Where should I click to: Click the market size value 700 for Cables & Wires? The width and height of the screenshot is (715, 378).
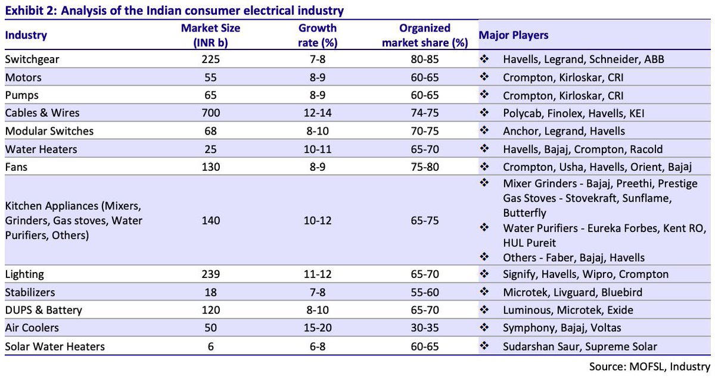[x=210, y=113]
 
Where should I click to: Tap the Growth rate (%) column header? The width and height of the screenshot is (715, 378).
[x=318, y=35]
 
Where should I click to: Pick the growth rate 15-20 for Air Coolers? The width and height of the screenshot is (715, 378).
[x=318, y=328]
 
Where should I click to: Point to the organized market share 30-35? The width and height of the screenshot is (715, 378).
[x=424, y=328]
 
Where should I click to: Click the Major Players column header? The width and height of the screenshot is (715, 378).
[x=514, y=35]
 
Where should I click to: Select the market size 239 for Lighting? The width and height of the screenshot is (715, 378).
[x=210, y=274]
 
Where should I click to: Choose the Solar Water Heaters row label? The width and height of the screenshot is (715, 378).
[x=55, y=346]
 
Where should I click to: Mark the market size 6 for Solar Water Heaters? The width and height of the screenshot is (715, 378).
[x=210, y=346]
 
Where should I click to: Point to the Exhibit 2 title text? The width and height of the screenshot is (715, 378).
[x=174, y=11]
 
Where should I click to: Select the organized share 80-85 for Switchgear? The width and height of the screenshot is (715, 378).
[x=424, y=60]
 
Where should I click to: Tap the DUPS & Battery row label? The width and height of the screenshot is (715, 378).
[x=43, y=310]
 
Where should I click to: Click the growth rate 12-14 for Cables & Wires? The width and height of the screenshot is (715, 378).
[x=318, y=113]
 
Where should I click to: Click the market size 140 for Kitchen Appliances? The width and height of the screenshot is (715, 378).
[x=210, y=220]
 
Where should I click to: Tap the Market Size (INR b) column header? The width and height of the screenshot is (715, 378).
[x=210, y=35]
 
